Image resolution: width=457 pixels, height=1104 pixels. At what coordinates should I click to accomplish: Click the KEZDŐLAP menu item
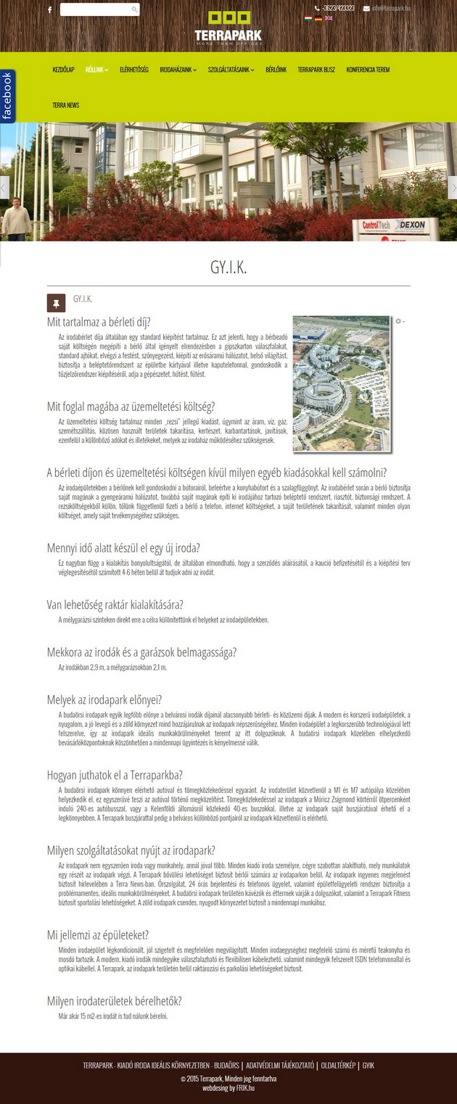[63, 70]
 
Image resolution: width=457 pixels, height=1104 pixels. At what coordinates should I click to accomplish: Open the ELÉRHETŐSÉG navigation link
[133, 70]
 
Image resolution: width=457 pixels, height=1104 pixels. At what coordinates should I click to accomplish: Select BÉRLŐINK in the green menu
[276, 70]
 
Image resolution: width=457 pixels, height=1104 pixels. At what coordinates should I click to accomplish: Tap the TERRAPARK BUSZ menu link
[316, 70]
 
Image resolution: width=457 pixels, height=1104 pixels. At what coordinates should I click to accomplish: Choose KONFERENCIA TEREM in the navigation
[368, 70]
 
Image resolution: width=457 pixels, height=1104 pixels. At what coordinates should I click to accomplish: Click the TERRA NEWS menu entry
[65, 105]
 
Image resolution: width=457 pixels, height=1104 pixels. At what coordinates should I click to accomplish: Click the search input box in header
[96, 9]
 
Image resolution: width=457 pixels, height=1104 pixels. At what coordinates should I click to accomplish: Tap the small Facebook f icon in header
[49, 10]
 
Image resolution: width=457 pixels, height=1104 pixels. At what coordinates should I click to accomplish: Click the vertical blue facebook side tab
[7, 96]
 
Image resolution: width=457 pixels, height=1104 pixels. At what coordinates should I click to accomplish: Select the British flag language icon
[329, 18]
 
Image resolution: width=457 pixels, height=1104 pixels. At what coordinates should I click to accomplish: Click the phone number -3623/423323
[338, 8]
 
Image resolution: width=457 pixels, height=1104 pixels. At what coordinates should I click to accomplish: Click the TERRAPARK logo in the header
[228, 28]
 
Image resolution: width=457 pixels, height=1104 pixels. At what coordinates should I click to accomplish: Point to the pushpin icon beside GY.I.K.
[56, 302]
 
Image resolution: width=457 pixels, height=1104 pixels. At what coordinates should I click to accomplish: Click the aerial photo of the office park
[341, 383]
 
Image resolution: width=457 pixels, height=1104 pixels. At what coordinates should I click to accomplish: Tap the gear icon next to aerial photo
[398, 320]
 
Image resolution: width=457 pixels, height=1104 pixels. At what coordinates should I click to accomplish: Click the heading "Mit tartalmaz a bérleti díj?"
[99, 322]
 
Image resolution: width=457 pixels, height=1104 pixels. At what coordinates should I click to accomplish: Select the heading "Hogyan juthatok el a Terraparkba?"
[115, 775]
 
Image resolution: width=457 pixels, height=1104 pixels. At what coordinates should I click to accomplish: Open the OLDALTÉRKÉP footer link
[338, 1066]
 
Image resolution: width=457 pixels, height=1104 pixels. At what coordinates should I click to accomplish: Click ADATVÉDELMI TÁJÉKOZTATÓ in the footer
[280, 1066]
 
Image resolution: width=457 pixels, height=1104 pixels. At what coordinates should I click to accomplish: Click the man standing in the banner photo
[15, 217]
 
